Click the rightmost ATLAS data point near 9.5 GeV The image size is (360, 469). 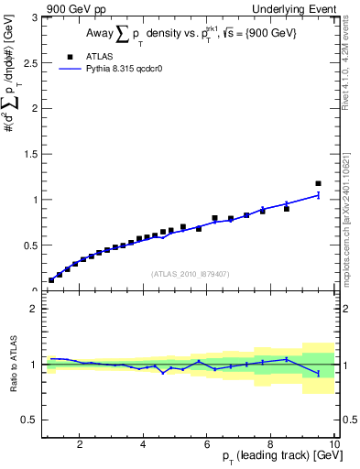pos(318,184)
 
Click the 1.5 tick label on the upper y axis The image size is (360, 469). pos(30,154)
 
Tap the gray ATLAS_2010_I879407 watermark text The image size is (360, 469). pos(190,273)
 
